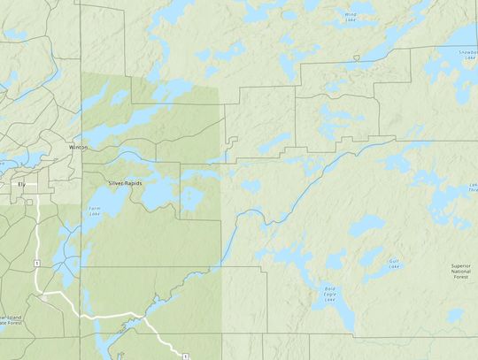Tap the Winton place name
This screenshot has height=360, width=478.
[77, 149]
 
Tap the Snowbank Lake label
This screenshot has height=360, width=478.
[462, 53]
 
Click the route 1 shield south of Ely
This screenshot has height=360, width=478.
[36, 264]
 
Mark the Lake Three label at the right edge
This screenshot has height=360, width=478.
[473, 188]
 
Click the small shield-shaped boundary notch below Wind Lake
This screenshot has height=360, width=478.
[355, 58]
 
